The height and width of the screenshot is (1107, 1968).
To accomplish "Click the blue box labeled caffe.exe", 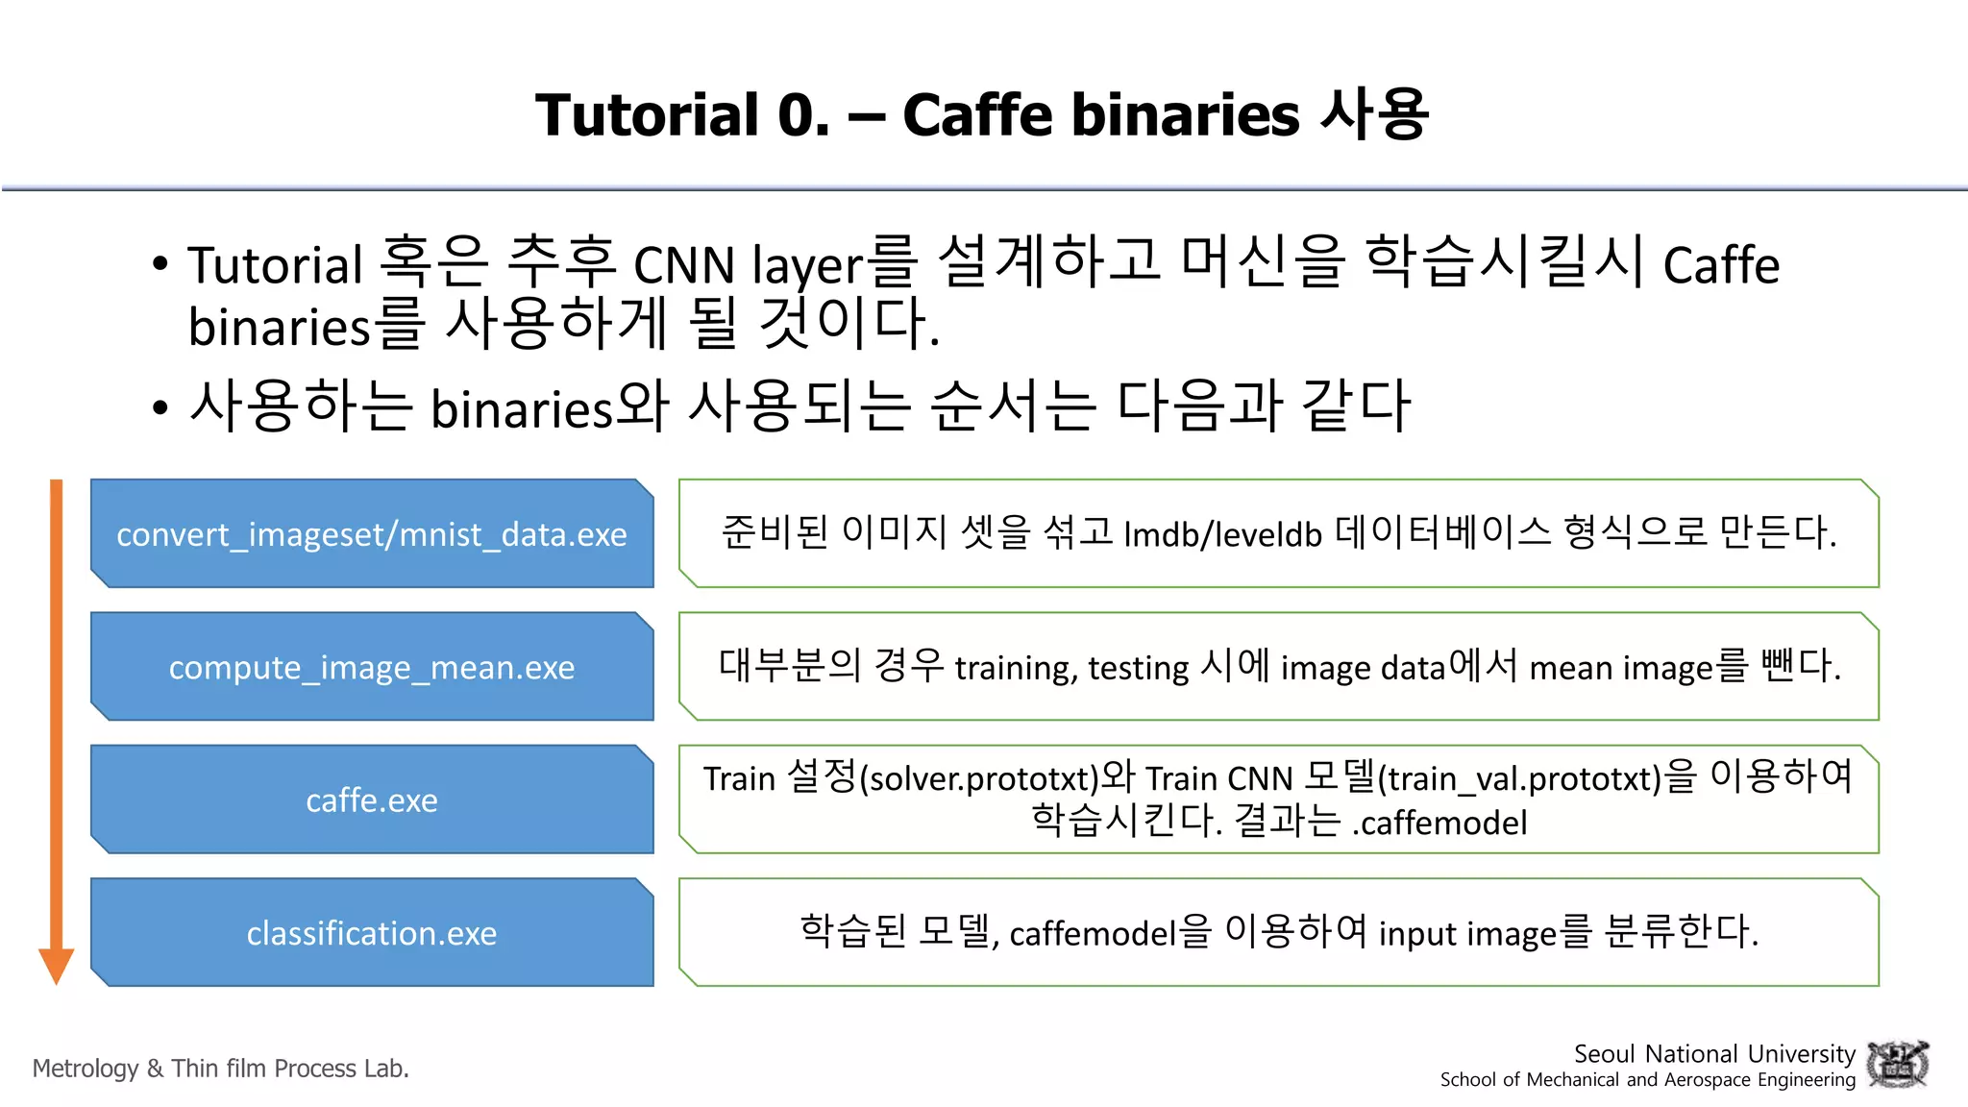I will [372, 799].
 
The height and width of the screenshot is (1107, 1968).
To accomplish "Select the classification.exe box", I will [372, 932].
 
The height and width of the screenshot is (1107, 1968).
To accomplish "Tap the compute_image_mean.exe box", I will [372, 667].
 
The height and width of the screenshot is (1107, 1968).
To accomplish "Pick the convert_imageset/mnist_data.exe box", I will [372, 534].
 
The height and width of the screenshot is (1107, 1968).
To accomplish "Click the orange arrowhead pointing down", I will [57, 964].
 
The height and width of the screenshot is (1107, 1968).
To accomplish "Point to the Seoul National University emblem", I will [1897, 1065].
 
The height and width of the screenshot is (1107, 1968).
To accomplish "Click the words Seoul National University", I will [1714, 1053].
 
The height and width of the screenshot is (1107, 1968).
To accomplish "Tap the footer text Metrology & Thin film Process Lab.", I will [221, 1069].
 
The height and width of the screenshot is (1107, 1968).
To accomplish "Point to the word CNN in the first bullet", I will [684, 265].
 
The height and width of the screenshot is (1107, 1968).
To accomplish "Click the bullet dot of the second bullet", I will [160, 407].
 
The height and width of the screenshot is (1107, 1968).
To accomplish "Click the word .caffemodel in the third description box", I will [1439, 823].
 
